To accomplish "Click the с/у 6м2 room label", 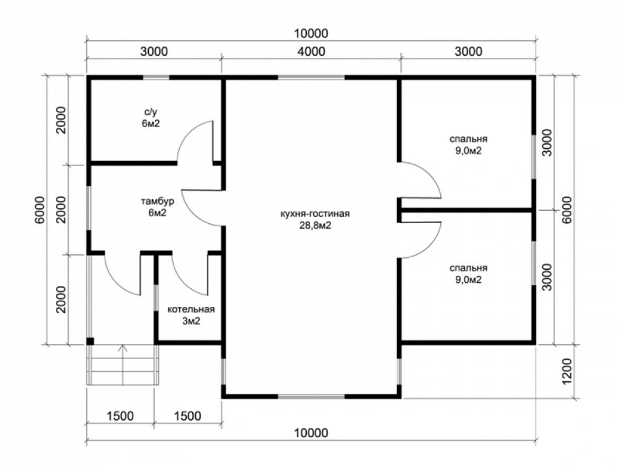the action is (151, 117).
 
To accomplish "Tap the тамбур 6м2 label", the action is (157, 207).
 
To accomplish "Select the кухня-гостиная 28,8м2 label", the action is (315, 219).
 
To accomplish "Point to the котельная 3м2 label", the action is (191, 315).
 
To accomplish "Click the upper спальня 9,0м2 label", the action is (468, 144).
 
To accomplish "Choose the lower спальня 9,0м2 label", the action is (468, 273).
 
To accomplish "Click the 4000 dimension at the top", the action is (312, 51).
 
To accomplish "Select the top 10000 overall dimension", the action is (311, 33).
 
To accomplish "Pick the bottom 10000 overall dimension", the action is (311, 433).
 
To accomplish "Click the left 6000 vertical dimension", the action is (41, 210).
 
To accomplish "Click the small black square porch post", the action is (90, 341).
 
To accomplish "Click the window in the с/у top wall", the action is (156, 77).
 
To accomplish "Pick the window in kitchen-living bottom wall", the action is (311, 396).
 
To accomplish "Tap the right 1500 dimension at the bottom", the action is (187, 416).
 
